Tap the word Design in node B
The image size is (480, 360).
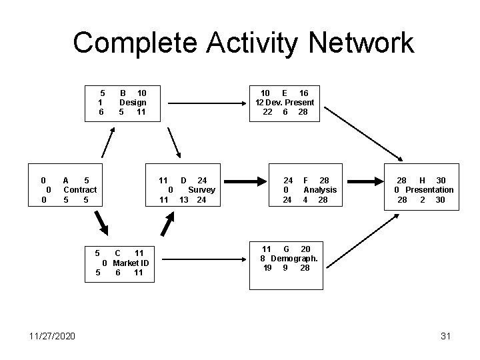[x=132, y=103]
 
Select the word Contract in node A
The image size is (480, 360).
[x=80, y=190]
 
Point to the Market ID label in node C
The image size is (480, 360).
[x=130, y=263]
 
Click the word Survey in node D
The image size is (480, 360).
[x=201, y=190]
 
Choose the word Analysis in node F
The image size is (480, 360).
[x=320, y=190]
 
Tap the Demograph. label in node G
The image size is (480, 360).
[x=293, y=258]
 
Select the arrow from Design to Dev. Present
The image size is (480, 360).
[x=206, y=103]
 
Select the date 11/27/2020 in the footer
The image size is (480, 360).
[x=53, y=336]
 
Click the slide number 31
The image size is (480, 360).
[x=446, y=336]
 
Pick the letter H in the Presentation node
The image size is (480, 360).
[x=423, y=181]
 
